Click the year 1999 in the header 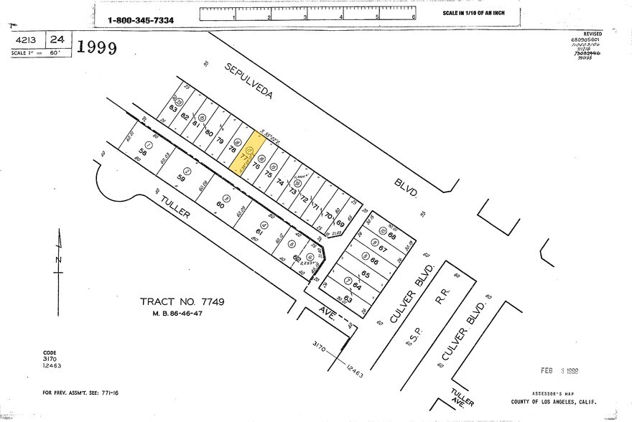pos(97,48)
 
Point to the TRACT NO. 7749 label pos(182,302)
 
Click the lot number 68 pos(392,235)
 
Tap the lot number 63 pos(348,299)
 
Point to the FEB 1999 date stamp pos(561,371)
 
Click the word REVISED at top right pos(593,33)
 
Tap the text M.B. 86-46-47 pos(182,314)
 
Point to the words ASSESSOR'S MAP pos(552,394)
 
